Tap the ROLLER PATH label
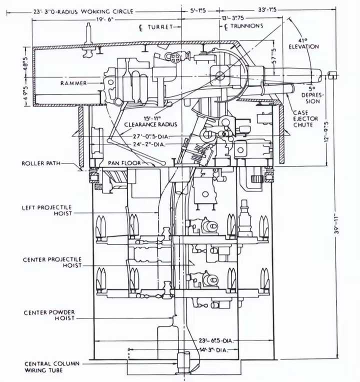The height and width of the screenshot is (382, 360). (x=41, y=163)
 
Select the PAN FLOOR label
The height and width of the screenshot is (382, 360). (x=124, y=163)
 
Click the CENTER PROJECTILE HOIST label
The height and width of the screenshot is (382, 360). (x=52, y=263)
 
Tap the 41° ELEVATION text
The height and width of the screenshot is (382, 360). (x=303, y=43)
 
